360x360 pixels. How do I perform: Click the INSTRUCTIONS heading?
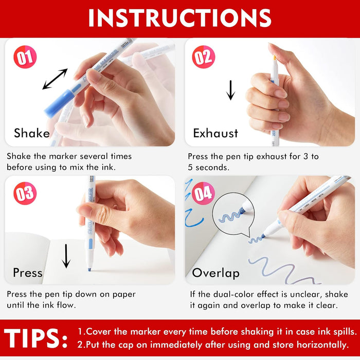[x=179, y=18]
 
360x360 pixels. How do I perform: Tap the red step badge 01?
[x=25, y=57]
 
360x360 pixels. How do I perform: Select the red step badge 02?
[x=203, y=57]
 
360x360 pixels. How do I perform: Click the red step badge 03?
[x=25, y=194]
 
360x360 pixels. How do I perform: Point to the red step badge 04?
[x=203, y=194]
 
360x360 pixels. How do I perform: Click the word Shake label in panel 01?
[x=32, y=133]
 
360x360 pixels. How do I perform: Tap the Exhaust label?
[x=215, y=133]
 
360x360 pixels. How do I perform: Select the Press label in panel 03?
[x=28, y=272]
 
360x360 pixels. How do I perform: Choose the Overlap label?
[x=216, y=273]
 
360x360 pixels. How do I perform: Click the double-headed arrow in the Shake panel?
[x=55, y=79]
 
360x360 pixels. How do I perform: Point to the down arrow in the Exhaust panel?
[x=230, y=90]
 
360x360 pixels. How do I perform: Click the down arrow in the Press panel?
[x=66, y=256]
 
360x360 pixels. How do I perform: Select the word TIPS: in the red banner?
[x=36, y=338]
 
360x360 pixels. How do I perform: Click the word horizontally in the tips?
[x=320, y=345]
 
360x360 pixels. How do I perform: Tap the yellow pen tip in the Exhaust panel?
[x=275, y=58]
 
